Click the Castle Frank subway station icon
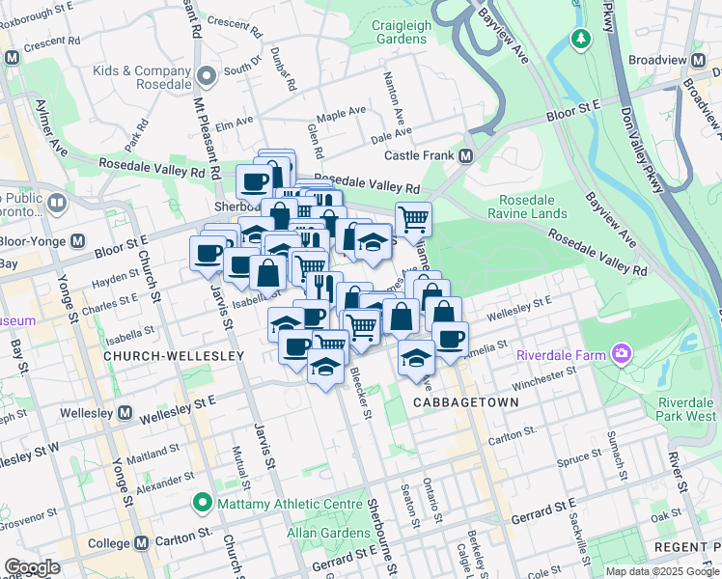click(x=465, y=155)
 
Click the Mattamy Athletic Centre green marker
click(x=202, y=502)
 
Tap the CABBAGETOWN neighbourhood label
click(x=460, y=400)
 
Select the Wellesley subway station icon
click(x=125, y=413)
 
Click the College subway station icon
click(x=142, y=543)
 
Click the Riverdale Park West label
click(x=687, y=408)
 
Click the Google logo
click(x=32, y=567)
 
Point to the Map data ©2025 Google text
click(x=662, y=571)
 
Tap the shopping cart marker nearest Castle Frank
click(x=413, y=219)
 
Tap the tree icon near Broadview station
click(x=581, y=39)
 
